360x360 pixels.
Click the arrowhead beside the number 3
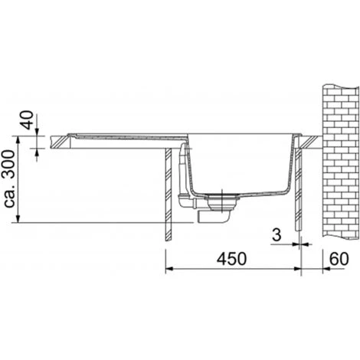[296, 245]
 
